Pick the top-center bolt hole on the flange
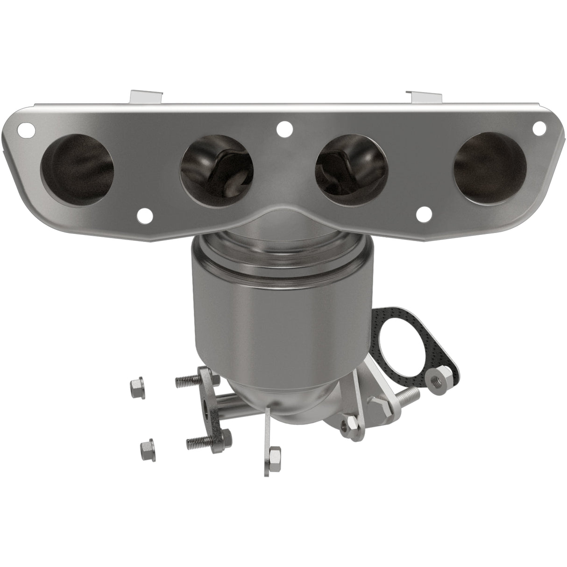pyautogui.click(x=283, y=127)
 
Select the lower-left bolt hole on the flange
pyautogui.click(x=146, y=215)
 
